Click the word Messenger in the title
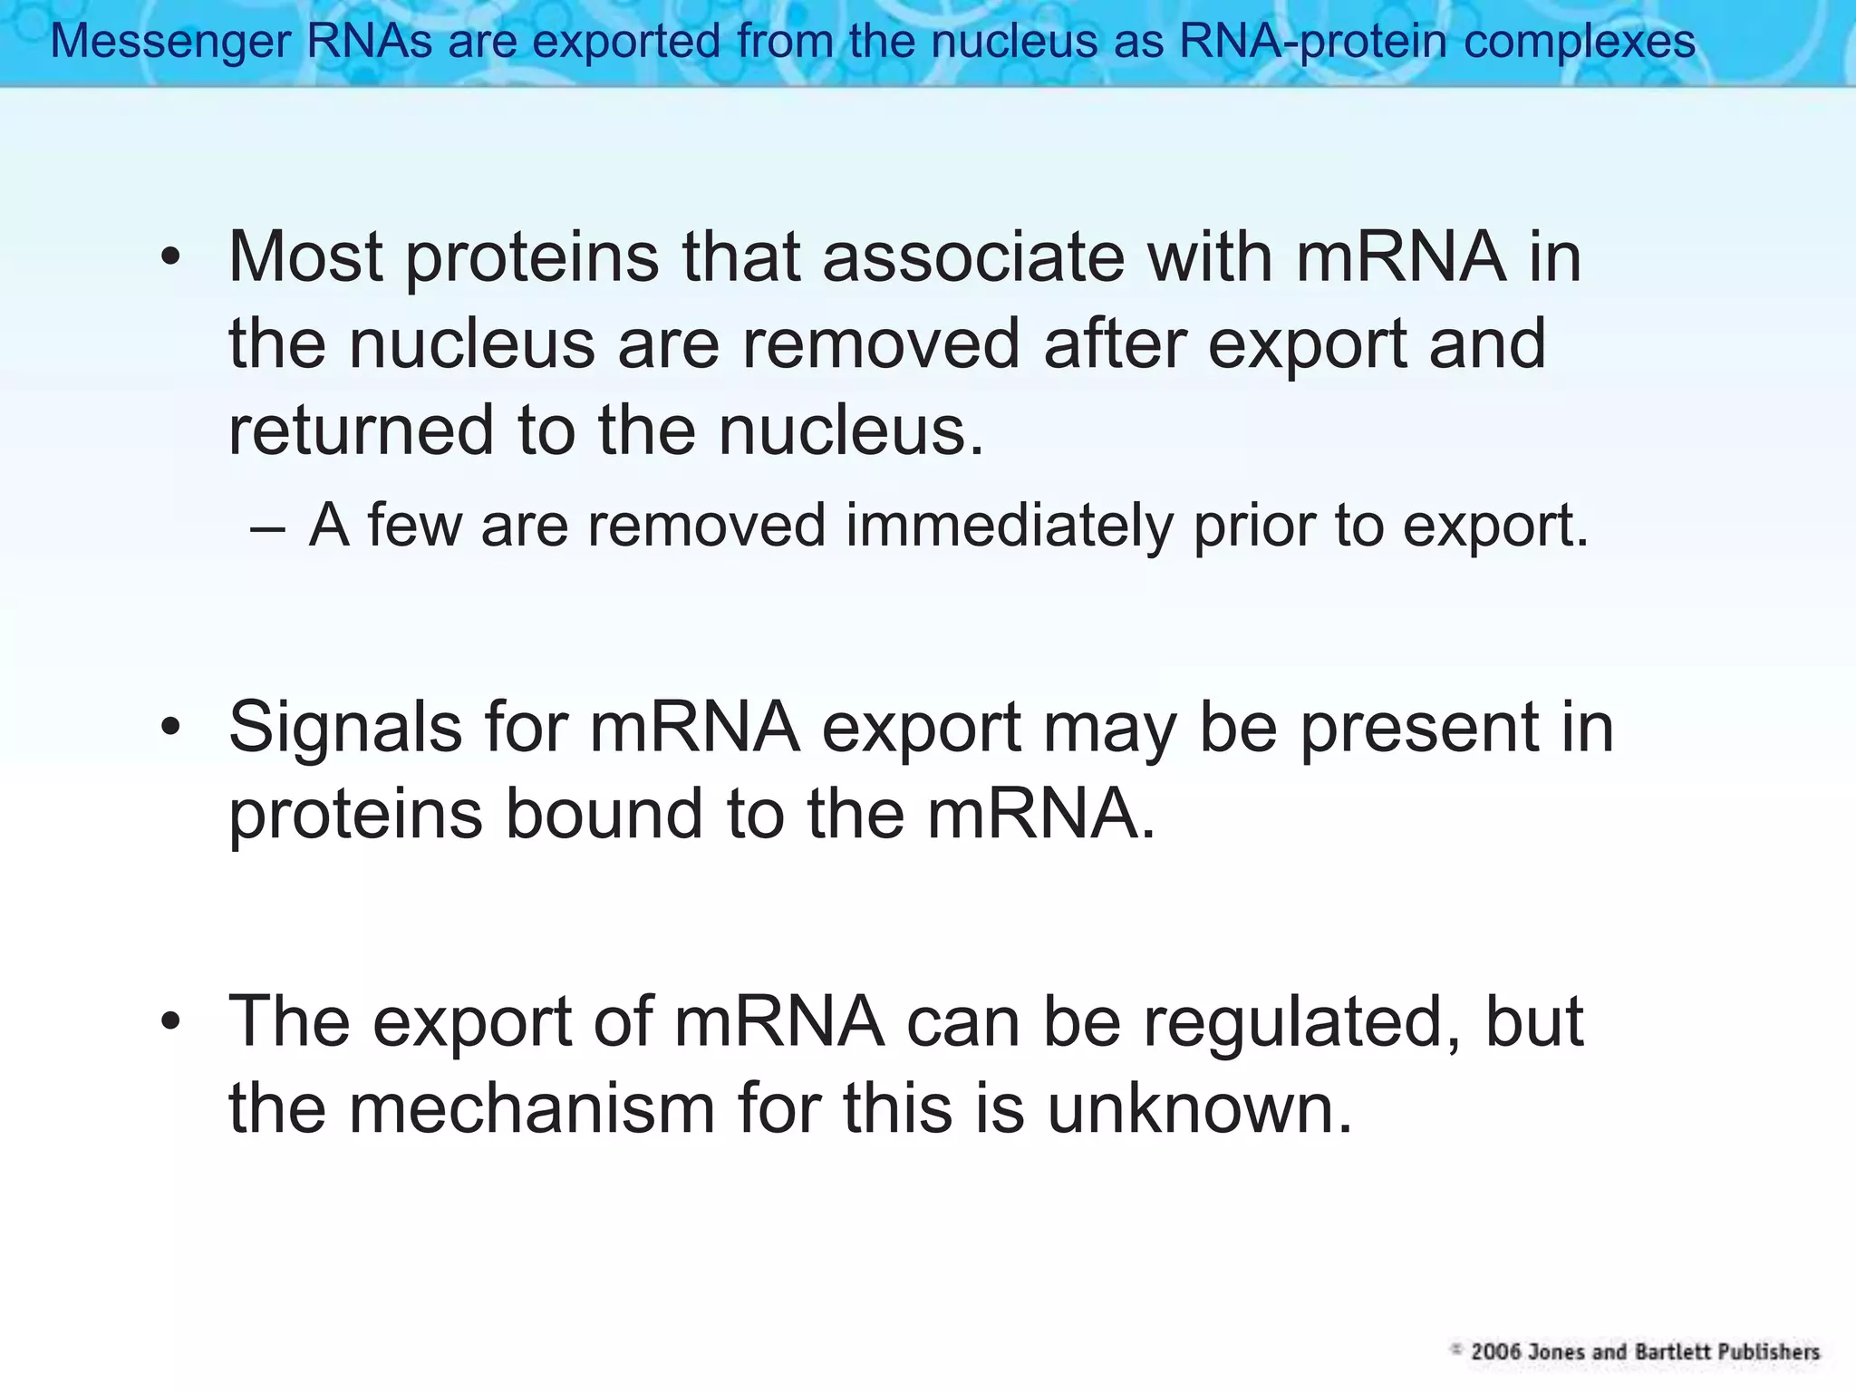(169, 42)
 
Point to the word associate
(973, 257)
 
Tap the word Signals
(345, 728)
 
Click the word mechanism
(532, 1108)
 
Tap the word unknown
(1200, 1108)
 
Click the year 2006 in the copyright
(1496, 1352)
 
